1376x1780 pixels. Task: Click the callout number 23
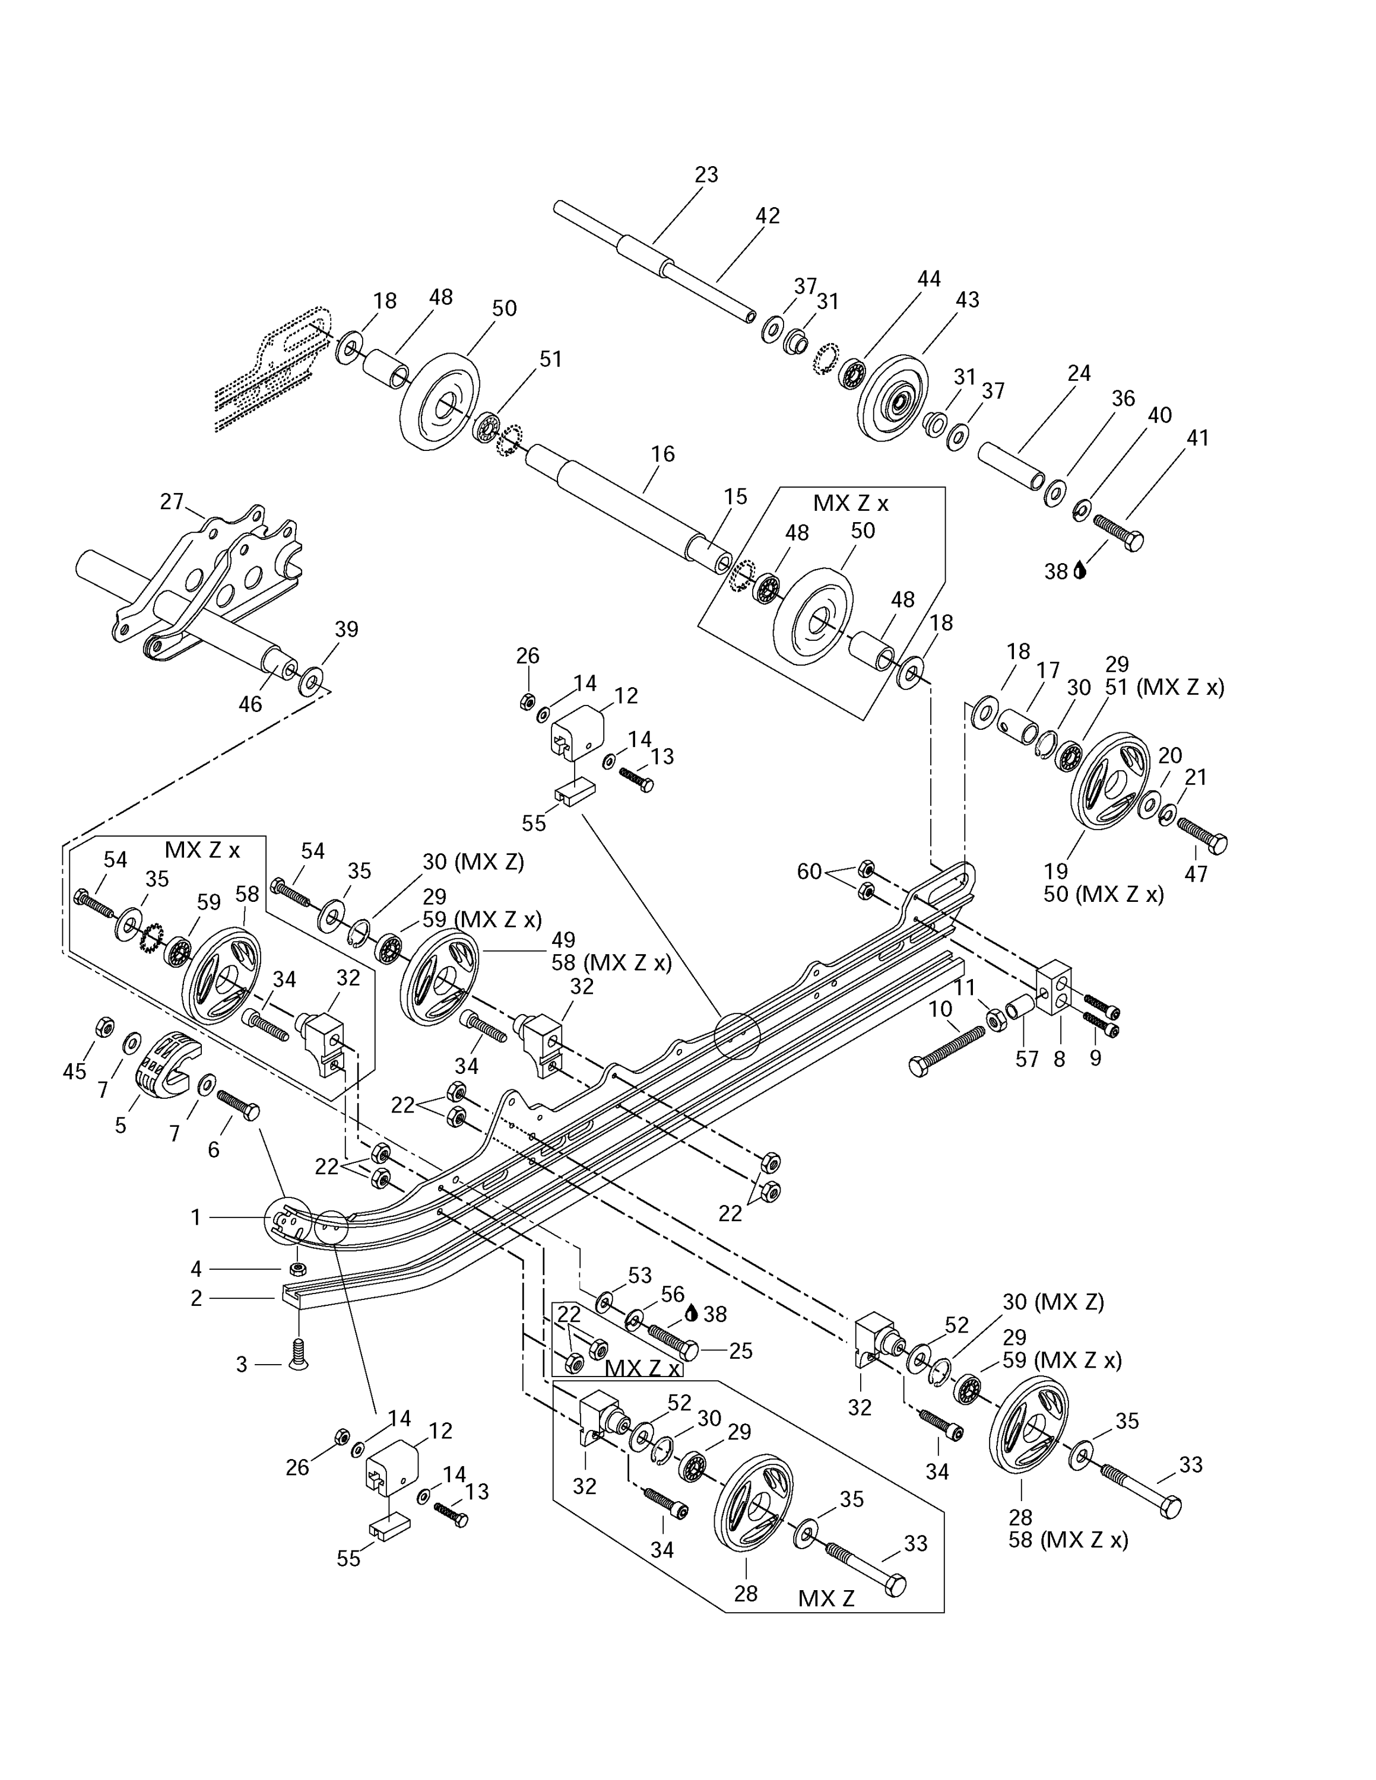point(706,174)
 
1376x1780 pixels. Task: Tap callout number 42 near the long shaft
point(767,215)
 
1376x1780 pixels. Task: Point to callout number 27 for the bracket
point(171,501)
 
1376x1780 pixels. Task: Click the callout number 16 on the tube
point(662,454)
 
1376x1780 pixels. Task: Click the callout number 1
point(196,1217)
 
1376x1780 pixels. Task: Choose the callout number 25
point(740,1350)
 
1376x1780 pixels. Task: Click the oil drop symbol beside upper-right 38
point(1081,571)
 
